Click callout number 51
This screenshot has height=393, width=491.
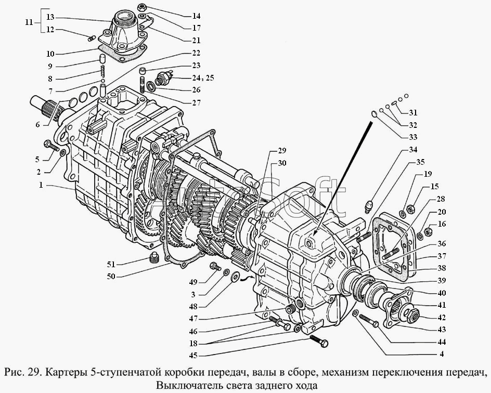point(111,265)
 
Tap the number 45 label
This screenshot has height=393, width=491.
point(193,356)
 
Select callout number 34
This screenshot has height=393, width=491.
point(412,150)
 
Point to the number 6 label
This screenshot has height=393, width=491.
point(37,125)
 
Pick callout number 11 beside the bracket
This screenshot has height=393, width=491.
point(29,22)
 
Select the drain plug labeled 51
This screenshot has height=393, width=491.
point(153,257)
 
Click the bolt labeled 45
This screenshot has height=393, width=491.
point(319,340)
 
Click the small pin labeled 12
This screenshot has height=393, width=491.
point(91,39)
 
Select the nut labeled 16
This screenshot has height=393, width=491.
point(428,232)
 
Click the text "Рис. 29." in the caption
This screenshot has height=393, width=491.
point(22,372)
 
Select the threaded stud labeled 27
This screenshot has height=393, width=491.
point(143,85)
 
